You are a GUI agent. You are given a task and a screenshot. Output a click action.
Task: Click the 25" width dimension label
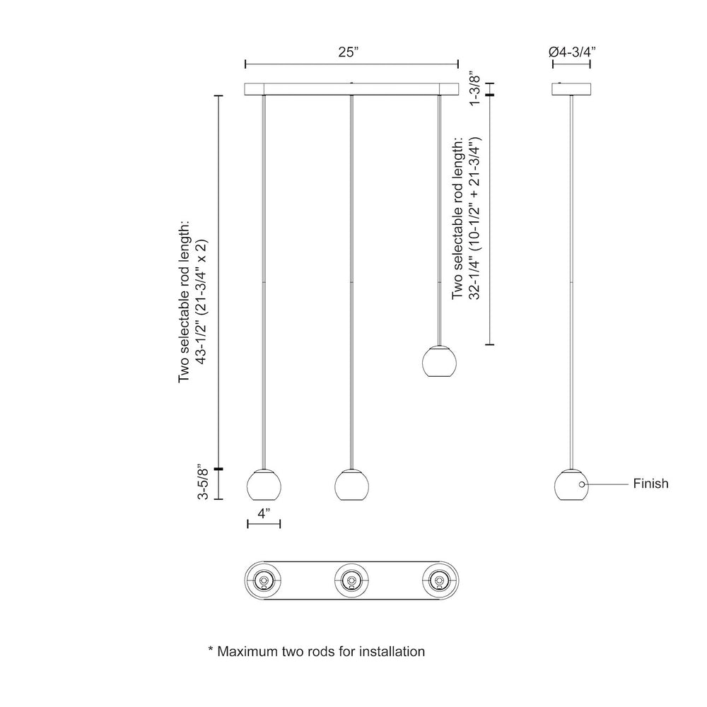[x=348, y=52]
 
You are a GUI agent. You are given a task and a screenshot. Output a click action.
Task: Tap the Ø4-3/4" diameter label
[x=572, y=52]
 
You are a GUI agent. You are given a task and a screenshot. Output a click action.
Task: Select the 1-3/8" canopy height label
[x=475, y=88]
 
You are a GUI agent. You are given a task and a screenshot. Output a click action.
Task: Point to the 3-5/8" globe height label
[x=204, y=483]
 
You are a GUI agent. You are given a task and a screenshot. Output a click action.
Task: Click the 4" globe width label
[x=264, y=513]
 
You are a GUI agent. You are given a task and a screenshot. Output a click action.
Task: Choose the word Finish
[x=650, y=484]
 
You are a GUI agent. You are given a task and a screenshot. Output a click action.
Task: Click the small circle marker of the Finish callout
[x=582, y=484]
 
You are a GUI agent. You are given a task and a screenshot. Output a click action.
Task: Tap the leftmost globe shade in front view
[x=264, y=485]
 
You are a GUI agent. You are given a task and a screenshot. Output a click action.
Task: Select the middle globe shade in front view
[x=351, y=485]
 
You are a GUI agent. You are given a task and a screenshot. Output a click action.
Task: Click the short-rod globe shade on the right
[x=439, y=361]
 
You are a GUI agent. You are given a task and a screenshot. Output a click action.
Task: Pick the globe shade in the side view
[x=571, y=485]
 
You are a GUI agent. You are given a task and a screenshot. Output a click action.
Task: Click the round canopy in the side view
[x=572, y=89]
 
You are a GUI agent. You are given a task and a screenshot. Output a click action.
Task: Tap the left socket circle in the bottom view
[x=263, y=580]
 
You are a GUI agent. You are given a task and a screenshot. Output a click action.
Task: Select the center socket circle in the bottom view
[x=351, y=580]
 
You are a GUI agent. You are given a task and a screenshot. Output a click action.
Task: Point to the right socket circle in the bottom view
[x=439, y=580]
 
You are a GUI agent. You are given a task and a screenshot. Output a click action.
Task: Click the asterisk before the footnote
[x=211, y=649]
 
